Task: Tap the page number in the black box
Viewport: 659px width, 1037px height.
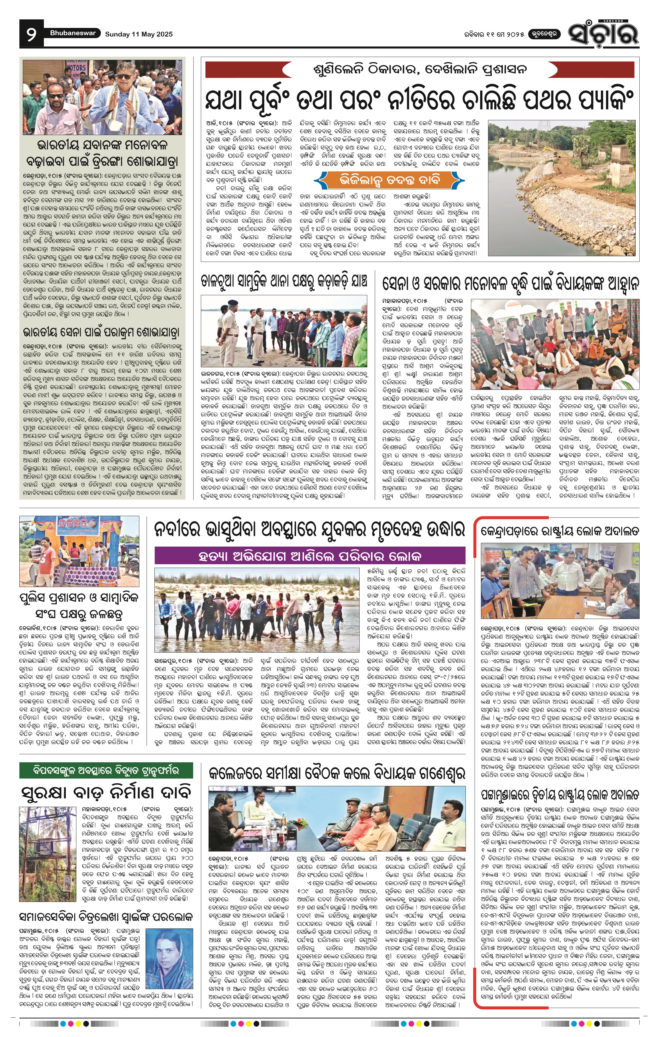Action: [x=31, y=34]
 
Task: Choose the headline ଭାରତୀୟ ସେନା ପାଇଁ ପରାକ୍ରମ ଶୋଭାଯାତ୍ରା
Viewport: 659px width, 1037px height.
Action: [x=102, y=332]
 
